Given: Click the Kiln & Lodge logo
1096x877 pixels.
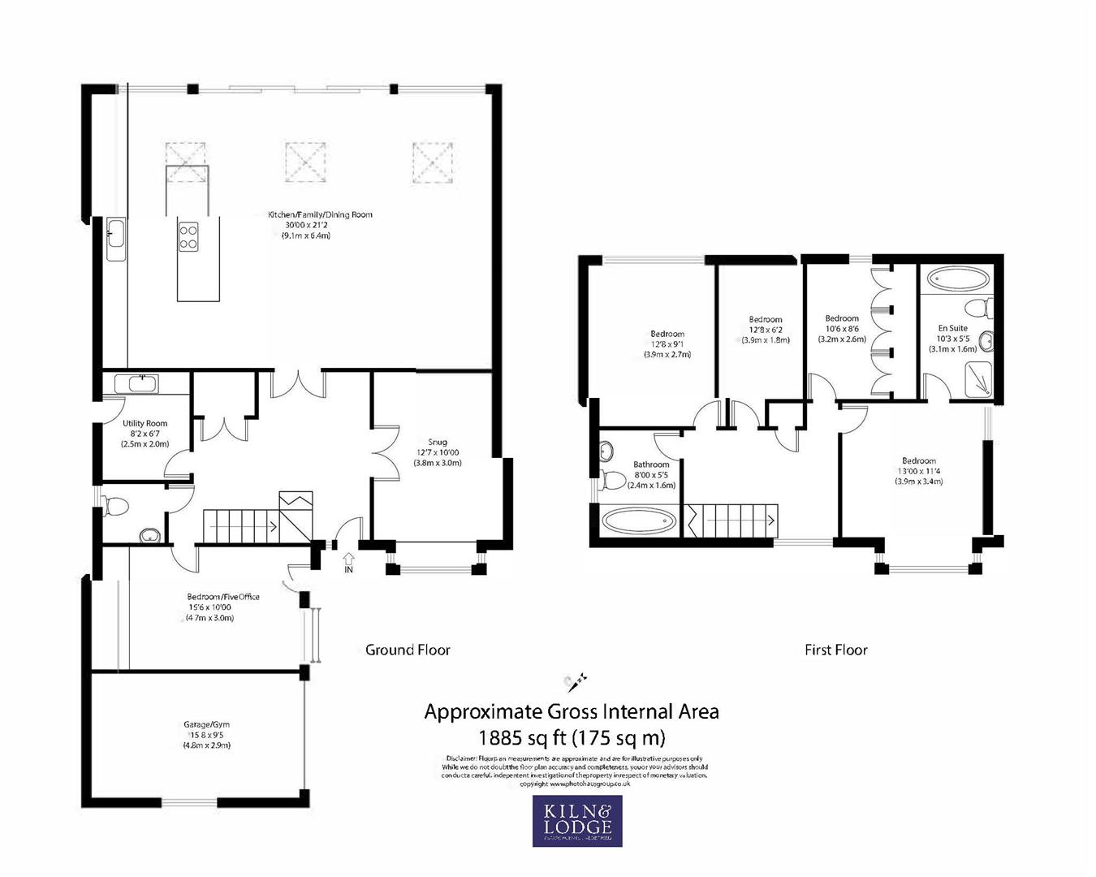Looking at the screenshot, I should pyautogui.click(x=577, y=820).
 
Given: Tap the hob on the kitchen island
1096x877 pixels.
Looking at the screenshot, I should pyautogui.click(x=188, y=236).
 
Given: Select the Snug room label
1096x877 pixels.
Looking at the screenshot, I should pyautogui.click(x=438, y=442).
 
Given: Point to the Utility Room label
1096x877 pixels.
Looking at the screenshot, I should pyautogui.click(x=145, y=424).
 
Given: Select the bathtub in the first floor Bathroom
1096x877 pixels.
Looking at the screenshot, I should pyautogui.click(x=638, y=521).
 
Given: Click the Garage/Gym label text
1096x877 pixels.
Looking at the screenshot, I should pyautogui.click(x=201, y=724).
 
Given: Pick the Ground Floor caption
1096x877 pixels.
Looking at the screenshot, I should pyautogui.click(x=408, y=650).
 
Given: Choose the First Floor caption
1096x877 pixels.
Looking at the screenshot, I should pyautogui.click(x=835, y=650).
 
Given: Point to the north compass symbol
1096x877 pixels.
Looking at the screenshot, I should pyautogui.click(x=576, y=680).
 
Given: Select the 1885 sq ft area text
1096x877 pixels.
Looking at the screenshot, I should pyautogui.click(x=571, y=738).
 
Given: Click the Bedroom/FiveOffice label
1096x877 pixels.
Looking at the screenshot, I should pyautogui.click(x=223, y=597).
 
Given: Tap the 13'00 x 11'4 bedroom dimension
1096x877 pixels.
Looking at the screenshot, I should pyautogui.click(x=919, y=471).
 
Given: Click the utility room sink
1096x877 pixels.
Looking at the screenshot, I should pyautogui.click(x=141, y=383).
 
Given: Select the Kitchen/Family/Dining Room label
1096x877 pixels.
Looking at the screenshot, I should pyautogui.click(x=320, y=215).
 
